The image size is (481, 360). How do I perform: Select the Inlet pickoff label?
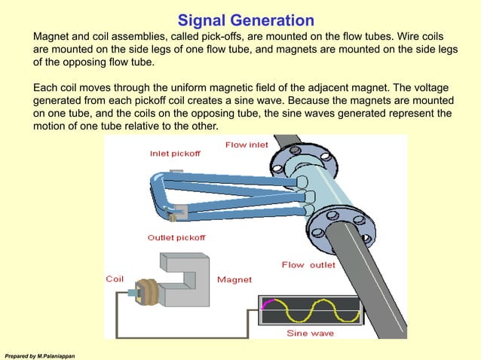click(x=175, y=153)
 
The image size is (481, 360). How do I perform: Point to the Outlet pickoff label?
click(x=176, y=237)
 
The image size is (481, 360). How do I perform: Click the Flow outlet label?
click(x=308, y=264)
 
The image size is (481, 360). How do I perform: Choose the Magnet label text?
click(x=234, y=279)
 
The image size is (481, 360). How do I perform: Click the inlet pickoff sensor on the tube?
click(x=176, y=175)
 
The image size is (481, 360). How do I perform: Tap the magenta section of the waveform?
click(x=265, y=304)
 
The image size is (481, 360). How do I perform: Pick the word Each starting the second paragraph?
click(x=46, y=88)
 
